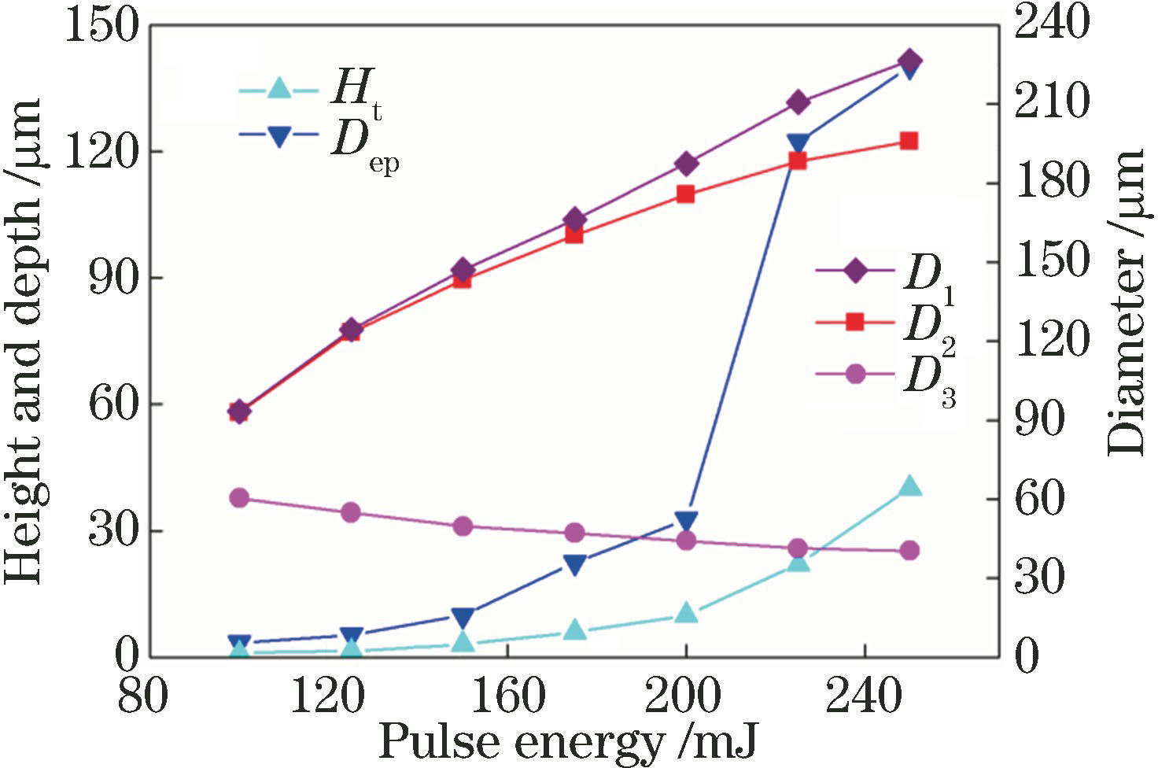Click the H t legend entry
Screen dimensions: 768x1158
[315, 89]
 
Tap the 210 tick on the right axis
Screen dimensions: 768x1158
[1051, 103]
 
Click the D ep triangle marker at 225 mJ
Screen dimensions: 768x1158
[798, 143]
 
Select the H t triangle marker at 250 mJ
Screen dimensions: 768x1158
[909, 486]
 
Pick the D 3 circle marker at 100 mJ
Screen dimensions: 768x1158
[240, 497]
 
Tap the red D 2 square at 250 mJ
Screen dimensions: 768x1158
[909, 141]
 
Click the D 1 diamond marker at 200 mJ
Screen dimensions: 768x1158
[686, 164]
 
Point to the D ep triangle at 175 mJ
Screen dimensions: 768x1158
[575, 564]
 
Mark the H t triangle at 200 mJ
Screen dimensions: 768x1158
[686, 613]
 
